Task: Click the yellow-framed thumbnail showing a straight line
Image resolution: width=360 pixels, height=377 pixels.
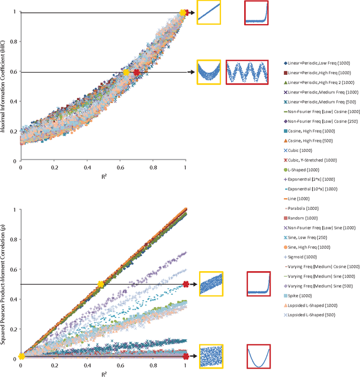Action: click(x=208, y=12)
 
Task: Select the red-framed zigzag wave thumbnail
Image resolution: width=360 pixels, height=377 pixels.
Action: click(x=247, y=72)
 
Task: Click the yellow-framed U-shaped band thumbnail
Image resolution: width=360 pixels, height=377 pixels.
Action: click(x=208, y=72)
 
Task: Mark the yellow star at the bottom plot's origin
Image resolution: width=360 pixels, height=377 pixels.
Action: click(x=21, y=356)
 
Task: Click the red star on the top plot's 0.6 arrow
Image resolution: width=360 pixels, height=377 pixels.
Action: click(x=137, y=72)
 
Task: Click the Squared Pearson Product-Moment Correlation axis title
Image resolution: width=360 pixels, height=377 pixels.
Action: click(x=5, y=284)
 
